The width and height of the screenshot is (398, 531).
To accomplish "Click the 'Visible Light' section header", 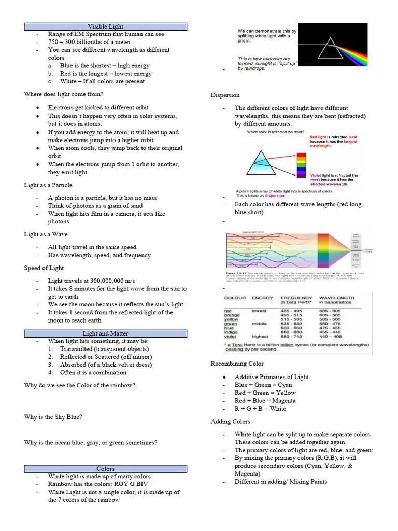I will tap(105, 26).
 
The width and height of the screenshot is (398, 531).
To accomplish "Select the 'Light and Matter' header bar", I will tap(105, 333).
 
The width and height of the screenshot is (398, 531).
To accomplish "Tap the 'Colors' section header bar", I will tap(105, 469).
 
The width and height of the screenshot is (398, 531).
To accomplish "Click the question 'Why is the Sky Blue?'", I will tap(53, 417).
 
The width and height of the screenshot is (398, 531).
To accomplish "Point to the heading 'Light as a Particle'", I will tap(48, 185).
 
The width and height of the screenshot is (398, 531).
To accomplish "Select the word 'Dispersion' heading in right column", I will tap(225, 95).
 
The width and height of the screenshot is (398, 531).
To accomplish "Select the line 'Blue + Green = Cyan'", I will tap(263, 385).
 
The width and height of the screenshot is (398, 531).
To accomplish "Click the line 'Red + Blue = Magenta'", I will tap(265, 401).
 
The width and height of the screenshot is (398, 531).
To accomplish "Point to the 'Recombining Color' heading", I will tap(237, 364).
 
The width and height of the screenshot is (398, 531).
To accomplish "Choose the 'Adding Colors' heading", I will tap(231, 422).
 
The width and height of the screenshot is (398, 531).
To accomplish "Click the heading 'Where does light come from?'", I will tap(64, 94).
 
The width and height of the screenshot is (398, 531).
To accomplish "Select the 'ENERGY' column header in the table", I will tap(262, 298).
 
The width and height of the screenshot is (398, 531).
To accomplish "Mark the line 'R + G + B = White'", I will tap(260, 409).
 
